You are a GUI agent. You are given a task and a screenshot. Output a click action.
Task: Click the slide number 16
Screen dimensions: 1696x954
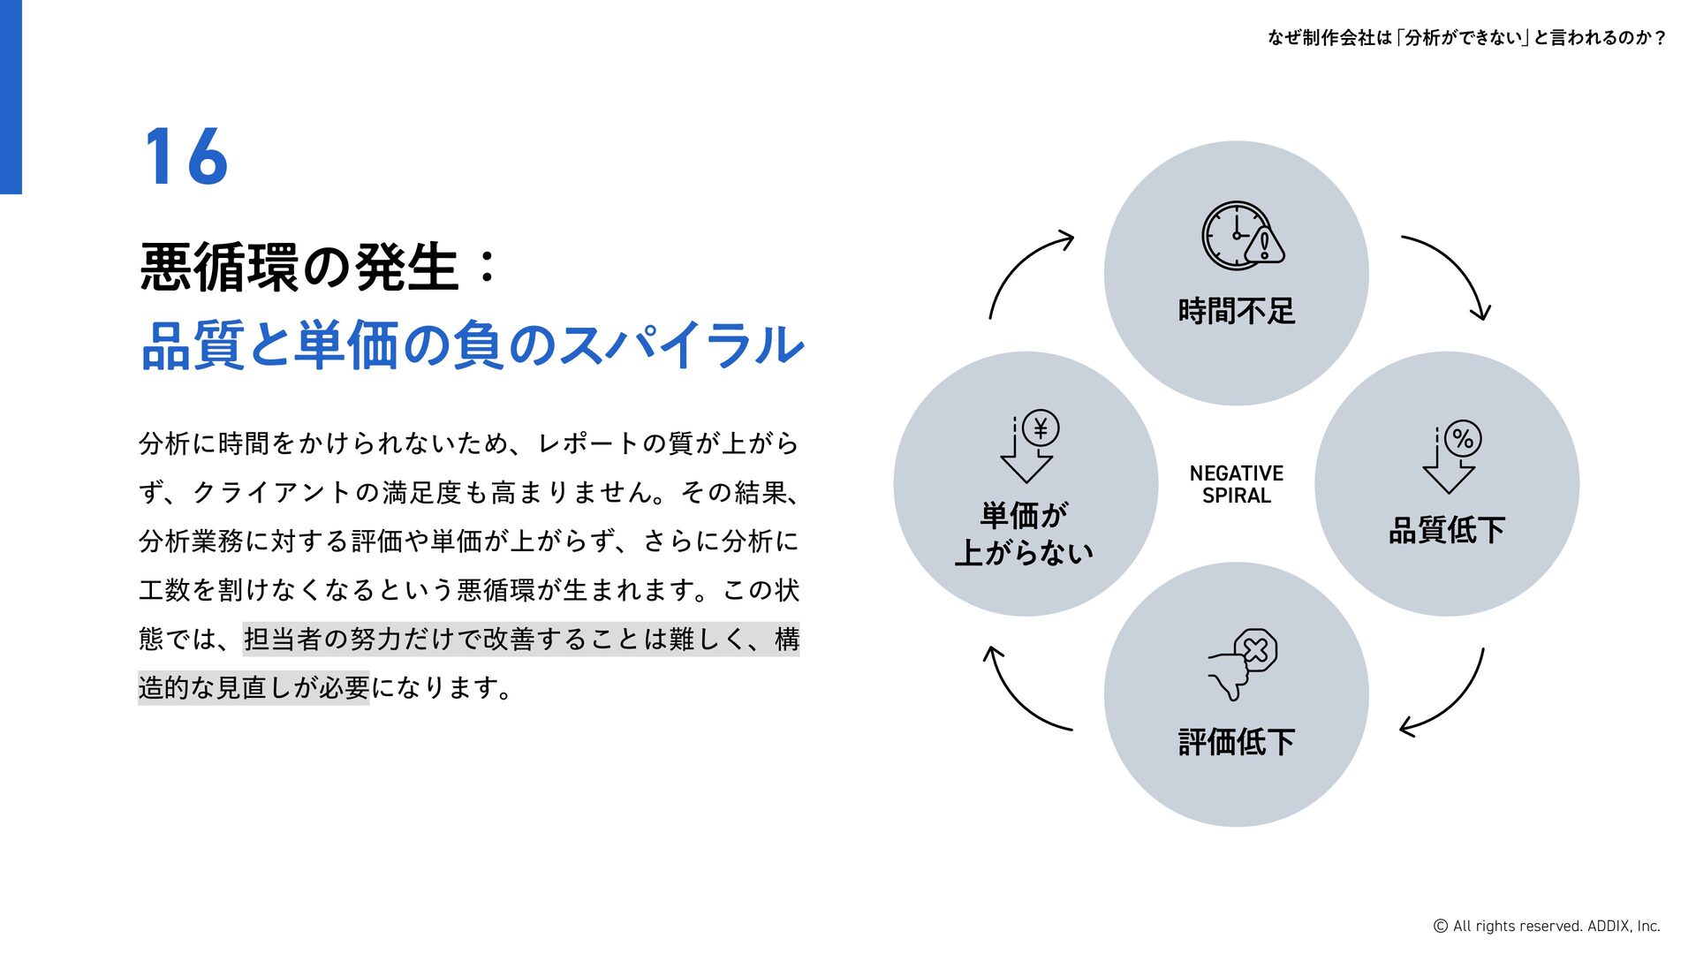[186, 156]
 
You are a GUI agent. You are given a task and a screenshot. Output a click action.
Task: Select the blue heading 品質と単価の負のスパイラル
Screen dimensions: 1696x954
[472, 344]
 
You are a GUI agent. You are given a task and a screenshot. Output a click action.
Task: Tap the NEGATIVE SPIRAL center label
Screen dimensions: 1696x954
[1236, 484]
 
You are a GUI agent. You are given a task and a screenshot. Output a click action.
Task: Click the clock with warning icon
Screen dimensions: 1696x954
[1242, 236]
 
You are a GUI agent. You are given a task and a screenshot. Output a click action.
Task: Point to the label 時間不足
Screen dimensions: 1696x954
[1236, 311]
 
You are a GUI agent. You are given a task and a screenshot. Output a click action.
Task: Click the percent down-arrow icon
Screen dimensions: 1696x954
[1451, 455]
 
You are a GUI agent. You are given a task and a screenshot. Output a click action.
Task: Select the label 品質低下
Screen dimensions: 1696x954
[1446, 530]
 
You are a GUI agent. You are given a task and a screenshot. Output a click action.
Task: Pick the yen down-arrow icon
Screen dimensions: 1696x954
[1029, 446]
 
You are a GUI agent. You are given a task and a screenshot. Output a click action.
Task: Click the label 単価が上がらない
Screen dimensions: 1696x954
[1025, 534]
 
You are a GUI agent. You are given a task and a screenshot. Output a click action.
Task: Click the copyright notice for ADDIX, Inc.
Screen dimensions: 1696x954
[1546, 926]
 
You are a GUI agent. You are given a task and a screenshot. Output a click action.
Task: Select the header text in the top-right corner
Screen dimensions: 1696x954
[1466, 37]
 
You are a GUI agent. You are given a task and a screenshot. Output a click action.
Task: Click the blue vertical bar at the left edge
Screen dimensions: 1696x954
[11, 97]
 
